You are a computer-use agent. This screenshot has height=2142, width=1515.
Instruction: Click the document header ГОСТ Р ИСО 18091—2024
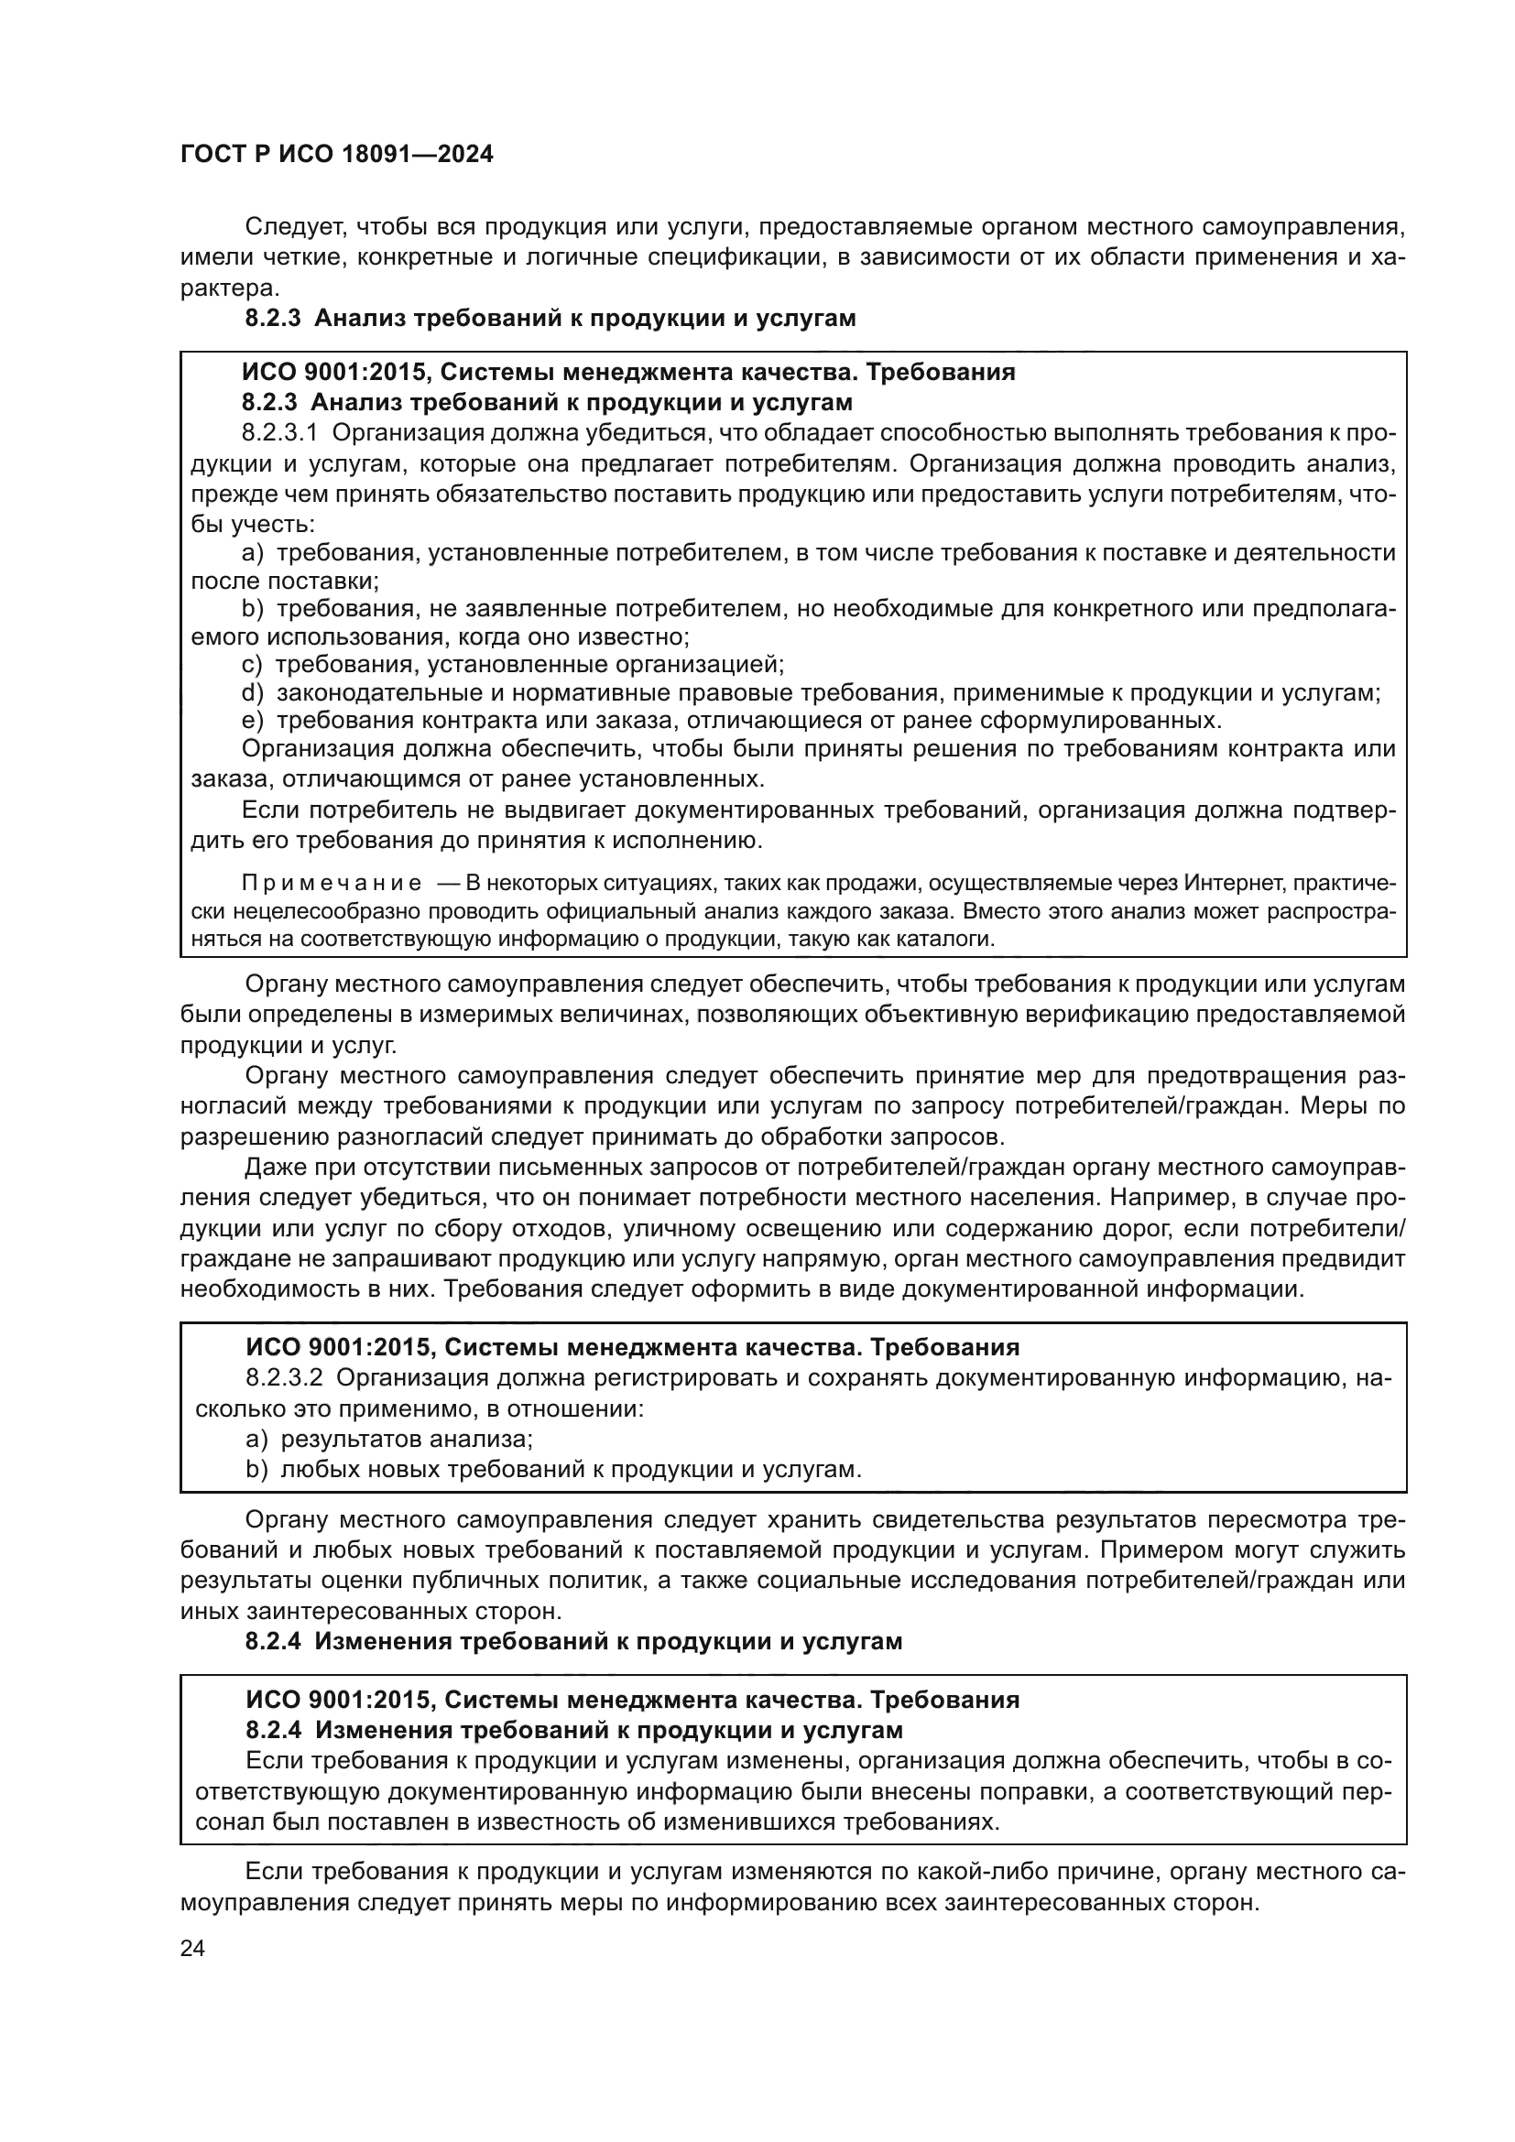[337, 155]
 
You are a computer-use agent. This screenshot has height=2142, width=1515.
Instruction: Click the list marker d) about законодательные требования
[253, 693]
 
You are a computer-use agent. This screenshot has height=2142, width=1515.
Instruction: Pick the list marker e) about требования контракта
[253, 721]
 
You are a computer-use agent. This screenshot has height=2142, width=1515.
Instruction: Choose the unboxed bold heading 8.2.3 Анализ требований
[550, 319]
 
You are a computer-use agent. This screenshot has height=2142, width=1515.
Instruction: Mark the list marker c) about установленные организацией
[252, 665]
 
